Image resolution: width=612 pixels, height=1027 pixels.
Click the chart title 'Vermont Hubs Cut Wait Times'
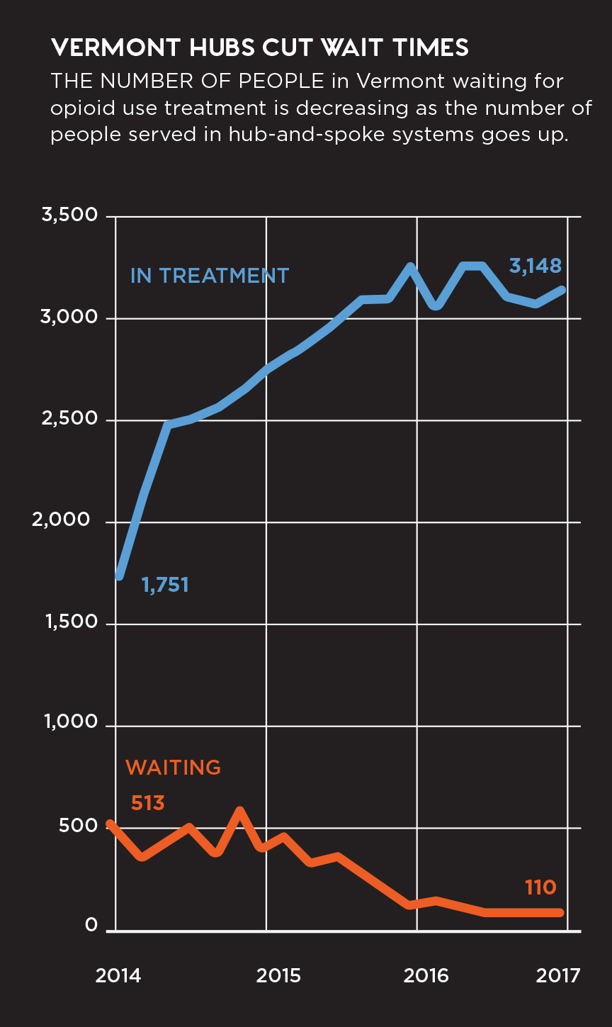(x=259, y=48)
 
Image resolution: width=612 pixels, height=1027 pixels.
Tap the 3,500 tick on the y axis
(x=69, y=215)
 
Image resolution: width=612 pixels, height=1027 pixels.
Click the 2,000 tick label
(x=69, y=520)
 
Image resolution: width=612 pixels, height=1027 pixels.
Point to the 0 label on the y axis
(x=91, y=926)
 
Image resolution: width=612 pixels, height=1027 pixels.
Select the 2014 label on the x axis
(x=118, y=976)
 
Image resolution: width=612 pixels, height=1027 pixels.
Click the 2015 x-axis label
(x=278, y=976)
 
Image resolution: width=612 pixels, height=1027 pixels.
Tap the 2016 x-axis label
(x=426, y=976)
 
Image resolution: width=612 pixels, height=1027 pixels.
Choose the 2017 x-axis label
(x=558, y=976)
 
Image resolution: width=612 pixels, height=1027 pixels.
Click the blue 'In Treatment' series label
(x=210, y=276)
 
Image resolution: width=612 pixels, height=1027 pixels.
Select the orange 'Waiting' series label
(x=173, y=768)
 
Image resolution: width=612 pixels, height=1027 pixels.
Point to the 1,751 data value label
(x=165, y=585)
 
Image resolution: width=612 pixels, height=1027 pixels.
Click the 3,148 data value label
(x=535, y=266)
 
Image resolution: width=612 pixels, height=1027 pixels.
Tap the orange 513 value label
(x=147, y=803)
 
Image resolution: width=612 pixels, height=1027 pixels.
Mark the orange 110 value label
(x=540, y=887)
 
